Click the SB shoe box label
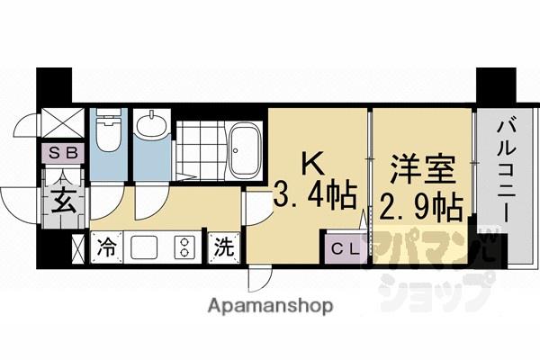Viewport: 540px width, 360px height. [61, 153]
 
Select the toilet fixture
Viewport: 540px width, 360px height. [109, 133]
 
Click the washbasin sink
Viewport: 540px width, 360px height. [151, 127]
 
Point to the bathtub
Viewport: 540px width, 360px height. [243, 149]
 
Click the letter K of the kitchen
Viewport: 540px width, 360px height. [310, 162]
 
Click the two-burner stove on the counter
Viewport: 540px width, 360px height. [184, 246]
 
